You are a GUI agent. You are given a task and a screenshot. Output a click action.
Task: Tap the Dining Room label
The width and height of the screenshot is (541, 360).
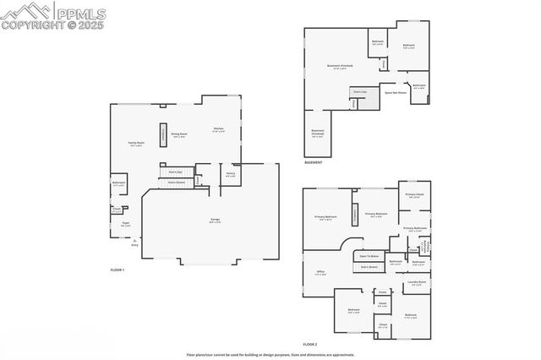[178, 134]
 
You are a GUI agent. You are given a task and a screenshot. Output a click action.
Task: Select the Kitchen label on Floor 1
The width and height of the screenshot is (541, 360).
[217, 129]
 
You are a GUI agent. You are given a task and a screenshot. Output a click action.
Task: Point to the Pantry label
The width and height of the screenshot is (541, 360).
[230, 175]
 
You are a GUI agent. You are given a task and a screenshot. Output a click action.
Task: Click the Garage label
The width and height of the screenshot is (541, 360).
[216, 221]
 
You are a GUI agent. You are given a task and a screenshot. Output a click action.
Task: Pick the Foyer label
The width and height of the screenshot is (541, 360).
[125, 225]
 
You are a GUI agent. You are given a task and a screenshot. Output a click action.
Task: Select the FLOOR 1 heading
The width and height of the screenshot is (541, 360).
[117, 270]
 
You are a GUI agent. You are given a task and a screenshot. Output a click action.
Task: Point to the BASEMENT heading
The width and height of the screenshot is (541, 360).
[313, 161]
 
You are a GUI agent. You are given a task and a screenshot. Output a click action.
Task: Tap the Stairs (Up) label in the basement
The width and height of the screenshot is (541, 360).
[360, 91]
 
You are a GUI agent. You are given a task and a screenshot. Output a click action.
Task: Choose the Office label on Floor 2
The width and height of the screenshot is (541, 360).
[320, 272]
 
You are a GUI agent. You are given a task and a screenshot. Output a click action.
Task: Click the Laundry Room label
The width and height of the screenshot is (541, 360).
[417, 282]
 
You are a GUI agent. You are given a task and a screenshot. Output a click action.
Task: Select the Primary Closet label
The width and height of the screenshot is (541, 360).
[414, 196]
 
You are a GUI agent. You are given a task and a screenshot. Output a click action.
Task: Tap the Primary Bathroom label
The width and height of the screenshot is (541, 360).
[414, 228]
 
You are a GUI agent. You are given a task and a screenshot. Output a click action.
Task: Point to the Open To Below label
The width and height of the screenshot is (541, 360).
[369, 255]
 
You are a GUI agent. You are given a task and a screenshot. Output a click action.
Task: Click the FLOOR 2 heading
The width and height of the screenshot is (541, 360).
[310, 344]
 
